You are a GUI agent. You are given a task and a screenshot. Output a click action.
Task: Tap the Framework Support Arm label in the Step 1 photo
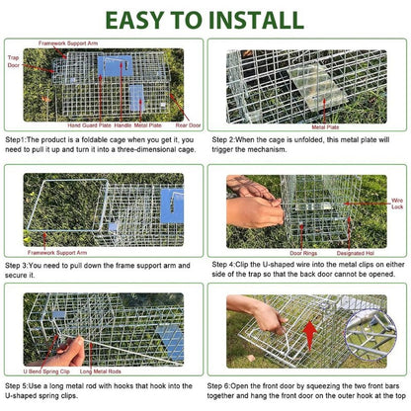click(x=68, y=44)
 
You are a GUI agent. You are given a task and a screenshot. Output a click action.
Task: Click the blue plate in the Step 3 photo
click(x=171, y=204)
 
